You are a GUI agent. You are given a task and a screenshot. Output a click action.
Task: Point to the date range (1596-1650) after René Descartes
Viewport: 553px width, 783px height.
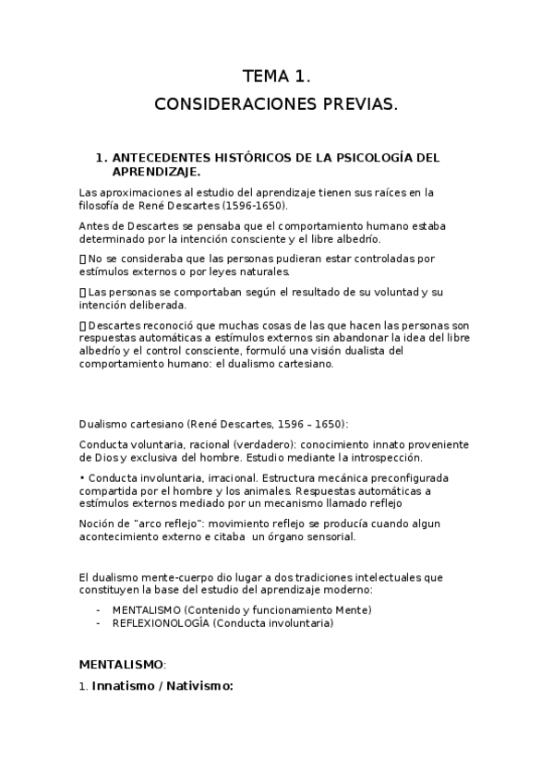(254, 205)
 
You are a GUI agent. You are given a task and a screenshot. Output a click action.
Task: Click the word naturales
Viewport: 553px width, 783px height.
(265, 271)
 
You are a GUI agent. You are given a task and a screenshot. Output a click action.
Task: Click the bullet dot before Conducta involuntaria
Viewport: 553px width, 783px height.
(82, 477)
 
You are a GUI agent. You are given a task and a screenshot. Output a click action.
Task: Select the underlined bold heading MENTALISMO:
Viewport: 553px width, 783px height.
(122, 663)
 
